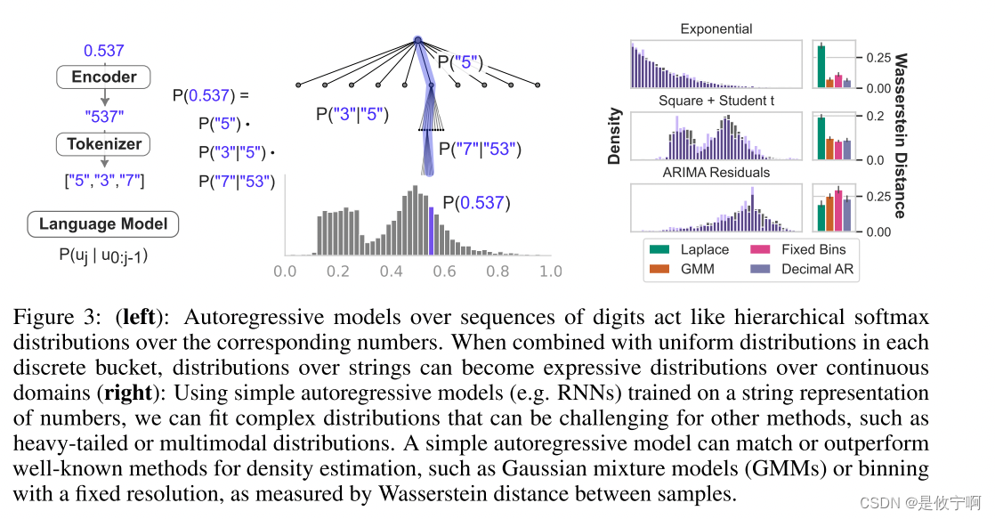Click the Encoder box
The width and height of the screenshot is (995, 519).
(104, 77)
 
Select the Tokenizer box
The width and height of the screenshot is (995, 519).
(104, 144)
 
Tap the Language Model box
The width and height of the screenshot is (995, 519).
(103, 224)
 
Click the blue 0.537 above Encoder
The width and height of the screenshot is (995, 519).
(104, 50)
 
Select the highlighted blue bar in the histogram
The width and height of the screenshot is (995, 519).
(433, 231)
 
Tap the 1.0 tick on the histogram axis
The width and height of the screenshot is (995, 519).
(551, 271)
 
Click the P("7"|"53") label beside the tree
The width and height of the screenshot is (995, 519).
(481, 150)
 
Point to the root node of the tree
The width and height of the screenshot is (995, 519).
(418, 40)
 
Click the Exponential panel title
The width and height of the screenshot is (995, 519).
(716, 29)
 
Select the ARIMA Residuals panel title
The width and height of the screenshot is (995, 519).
(716, 172)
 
